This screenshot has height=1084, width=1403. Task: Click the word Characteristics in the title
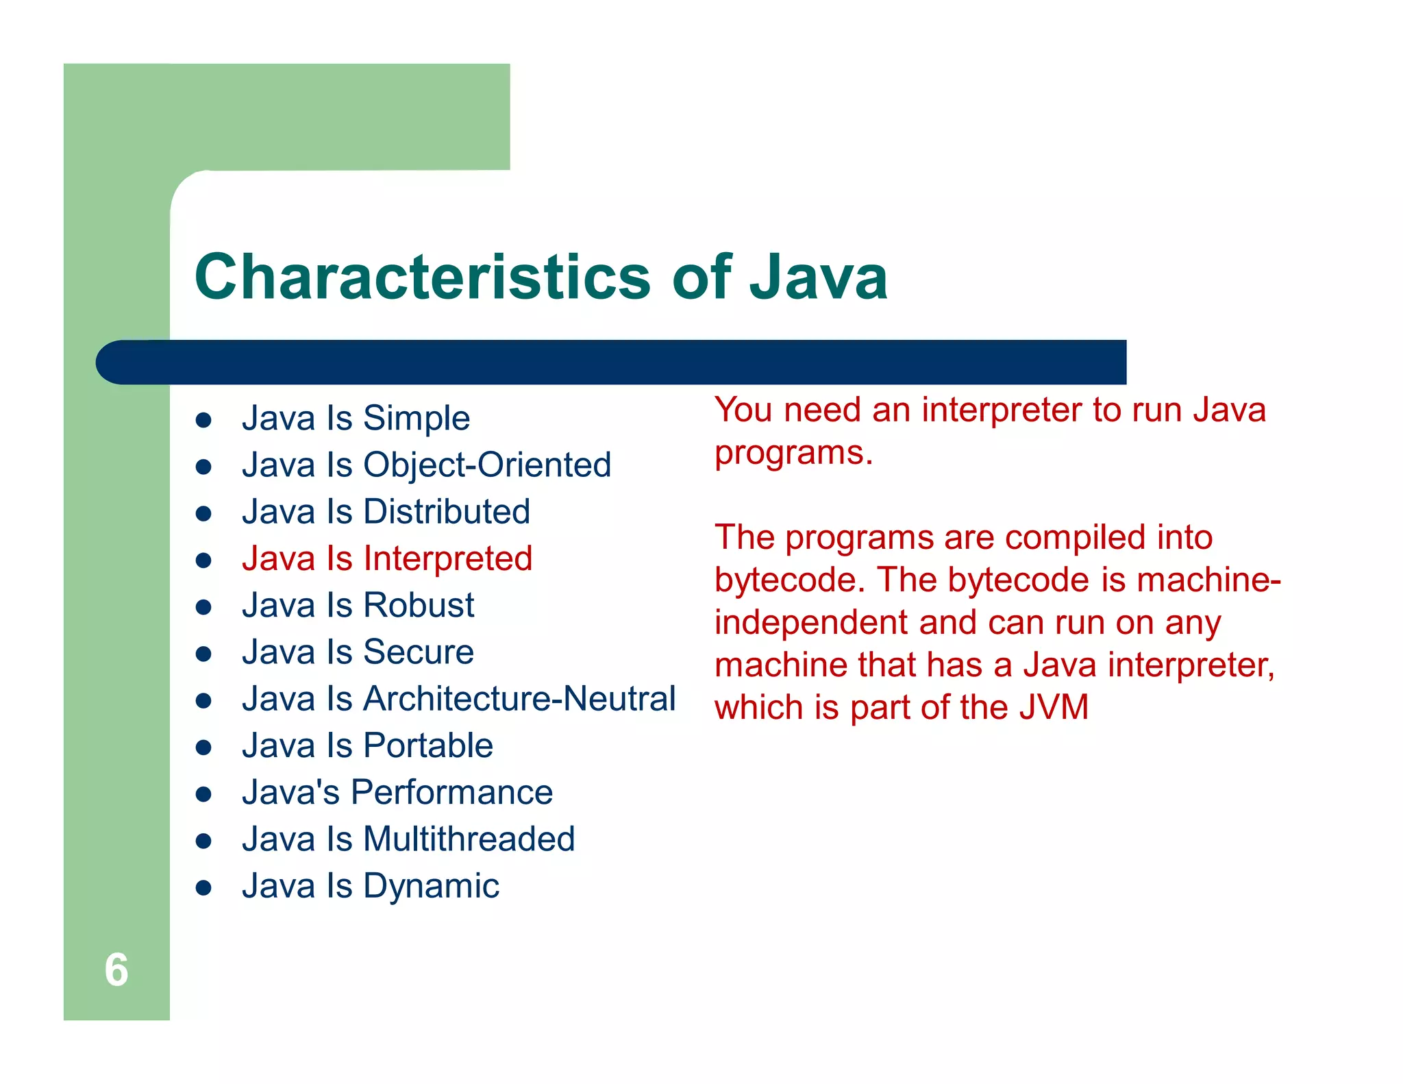(x=422, y=277)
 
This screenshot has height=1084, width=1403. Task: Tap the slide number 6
(x=116, y=970)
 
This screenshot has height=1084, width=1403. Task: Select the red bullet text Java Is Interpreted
(x=387, y=558)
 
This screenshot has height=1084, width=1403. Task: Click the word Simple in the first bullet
(x=416, y=418)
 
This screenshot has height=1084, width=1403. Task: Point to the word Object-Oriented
(x=487, y=465)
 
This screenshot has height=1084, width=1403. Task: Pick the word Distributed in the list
(x=447, y=512)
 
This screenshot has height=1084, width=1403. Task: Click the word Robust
(x=419, y=605)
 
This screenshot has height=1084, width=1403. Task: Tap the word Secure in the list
(x=418, y=652)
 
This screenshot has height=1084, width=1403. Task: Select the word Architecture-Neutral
(x=519, y=699)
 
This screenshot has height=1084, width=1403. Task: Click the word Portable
(x=428, y=746)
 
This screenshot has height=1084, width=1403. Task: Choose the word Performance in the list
(x=451, y=793)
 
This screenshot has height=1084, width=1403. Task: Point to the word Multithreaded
(x=469, y=839)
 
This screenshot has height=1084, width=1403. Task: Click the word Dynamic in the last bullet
(x=431, y=886)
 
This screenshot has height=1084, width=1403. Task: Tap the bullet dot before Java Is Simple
(x=203, y=420)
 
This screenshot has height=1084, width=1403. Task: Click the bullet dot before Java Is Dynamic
(x=203, y=888)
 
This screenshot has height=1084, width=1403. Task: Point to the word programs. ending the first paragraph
(x=793, y=454)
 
